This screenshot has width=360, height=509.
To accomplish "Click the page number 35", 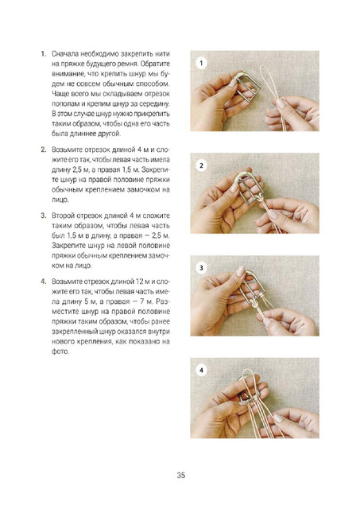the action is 180,475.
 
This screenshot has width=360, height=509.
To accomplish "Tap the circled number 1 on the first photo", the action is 201,63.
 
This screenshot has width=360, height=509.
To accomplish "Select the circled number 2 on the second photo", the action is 201,165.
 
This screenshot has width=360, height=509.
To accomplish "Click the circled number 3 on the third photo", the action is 201,268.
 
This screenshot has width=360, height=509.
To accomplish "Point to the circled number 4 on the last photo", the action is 201,371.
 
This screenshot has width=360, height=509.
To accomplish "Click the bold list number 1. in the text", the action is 44,54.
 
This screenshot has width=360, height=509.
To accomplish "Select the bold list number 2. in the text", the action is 44,150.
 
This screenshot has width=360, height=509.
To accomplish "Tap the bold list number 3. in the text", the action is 44,216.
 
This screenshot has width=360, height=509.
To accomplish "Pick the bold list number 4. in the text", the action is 44,282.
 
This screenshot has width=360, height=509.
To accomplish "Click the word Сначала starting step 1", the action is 65,54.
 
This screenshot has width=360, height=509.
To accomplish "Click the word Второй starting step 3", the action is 62,216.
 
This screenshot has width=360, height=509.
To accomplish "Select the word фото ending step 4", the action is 60,352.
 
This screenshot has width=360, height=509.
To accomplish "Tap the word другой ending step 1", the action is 110,134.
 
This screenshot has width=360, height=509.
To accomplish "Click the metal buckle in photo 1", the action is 247,85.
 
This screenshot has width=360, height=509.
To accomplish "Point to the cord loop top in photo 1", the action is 265,68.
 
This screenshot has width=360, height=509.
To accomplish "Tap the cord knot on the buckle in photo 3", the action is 254,303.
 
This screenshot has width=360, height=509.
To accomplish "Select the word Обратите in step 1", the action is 155,64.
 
